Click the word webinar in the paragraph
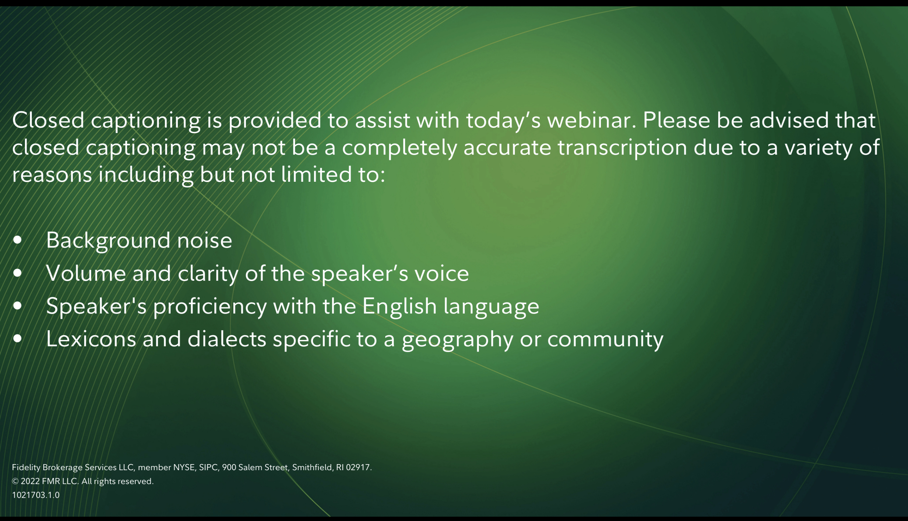click(592, 120)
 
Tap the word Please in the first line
click(676, 120)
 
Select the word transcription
click(623, 148)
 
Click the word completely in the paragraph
click(399, 148)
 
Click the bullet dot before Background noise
click(18, 240)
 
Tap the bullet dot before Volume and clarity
click(18, 273)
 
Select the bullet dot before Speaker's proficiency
click(18, 306)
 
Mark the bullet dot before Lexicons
click(18, 339)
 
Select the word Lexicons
click(91, 339)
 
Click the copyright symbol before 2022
click(15, 481)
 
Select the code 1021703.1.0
click(36, 495)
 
